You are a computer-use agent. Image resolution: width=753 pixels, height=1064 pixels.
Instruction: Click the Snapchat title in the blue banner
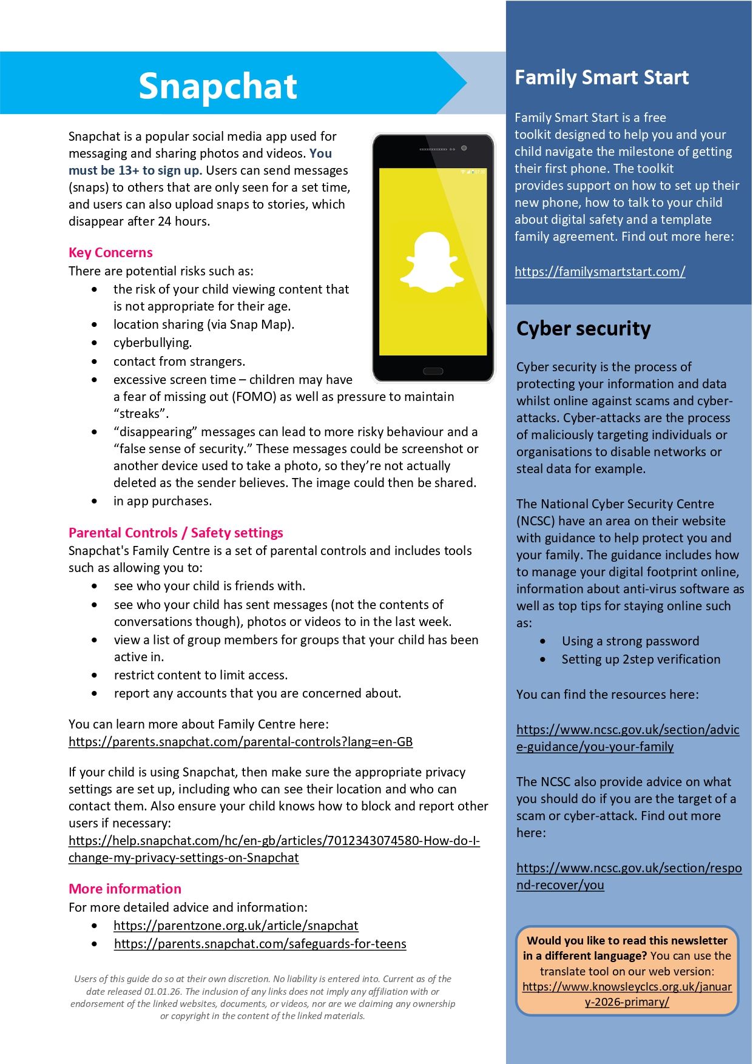217,86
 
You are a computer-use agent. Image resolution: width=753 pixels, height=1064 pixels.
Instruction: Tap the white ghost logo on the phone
432,262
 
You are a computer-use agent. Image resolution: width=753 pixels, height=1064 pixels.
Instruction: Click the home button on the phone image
433,371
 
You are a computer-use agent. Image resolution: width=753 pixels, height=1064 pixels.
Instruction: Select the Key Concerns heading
110,252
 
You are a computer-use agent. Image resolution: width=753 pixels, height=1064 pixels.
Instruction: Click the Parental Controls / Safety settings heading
175,533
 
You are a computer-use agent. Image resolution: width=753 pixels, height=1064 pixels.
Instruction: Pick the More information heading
125,889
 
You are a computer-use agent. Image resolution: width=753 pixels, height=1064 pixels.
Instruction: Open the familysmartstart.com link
599,272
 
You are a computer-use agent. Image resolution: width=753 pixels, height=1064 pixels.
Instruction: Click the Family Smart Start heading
601,78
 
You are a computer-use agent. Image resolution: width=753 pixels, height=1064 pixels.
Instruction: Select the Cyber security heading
583,328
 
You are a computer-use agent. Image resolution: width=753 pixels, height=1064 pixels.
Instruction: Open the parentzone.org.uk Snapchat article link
235,926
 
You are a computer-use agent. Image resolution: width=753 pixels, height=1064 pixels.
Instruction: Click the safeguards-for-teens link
260,944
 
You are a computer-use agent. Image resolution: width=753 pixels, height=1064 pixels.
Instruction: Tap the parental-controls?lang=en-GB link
240,742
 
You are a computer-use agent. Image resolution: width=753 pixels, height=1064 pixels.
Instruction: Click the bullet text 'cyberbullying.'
152,343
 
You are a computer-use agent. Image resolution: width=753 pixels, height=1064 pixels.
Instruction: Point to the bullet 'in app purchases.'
163,501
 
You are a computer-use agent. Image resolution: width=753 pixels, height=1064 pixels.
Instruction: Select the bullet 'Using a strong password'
630,641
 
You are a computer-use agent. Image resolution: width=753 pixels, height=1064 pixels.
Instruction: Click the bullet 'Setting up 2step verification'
641,659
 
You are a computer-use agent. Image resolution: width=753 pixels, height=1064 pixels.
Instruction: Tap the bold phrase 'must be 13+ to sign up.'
135,170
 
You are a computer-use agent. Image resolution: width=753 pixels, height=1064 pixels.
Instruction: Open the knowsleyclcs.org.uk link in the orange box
627,994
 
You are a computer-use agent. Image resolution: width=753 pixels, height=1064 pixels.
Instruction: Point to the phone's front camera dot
464,148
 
